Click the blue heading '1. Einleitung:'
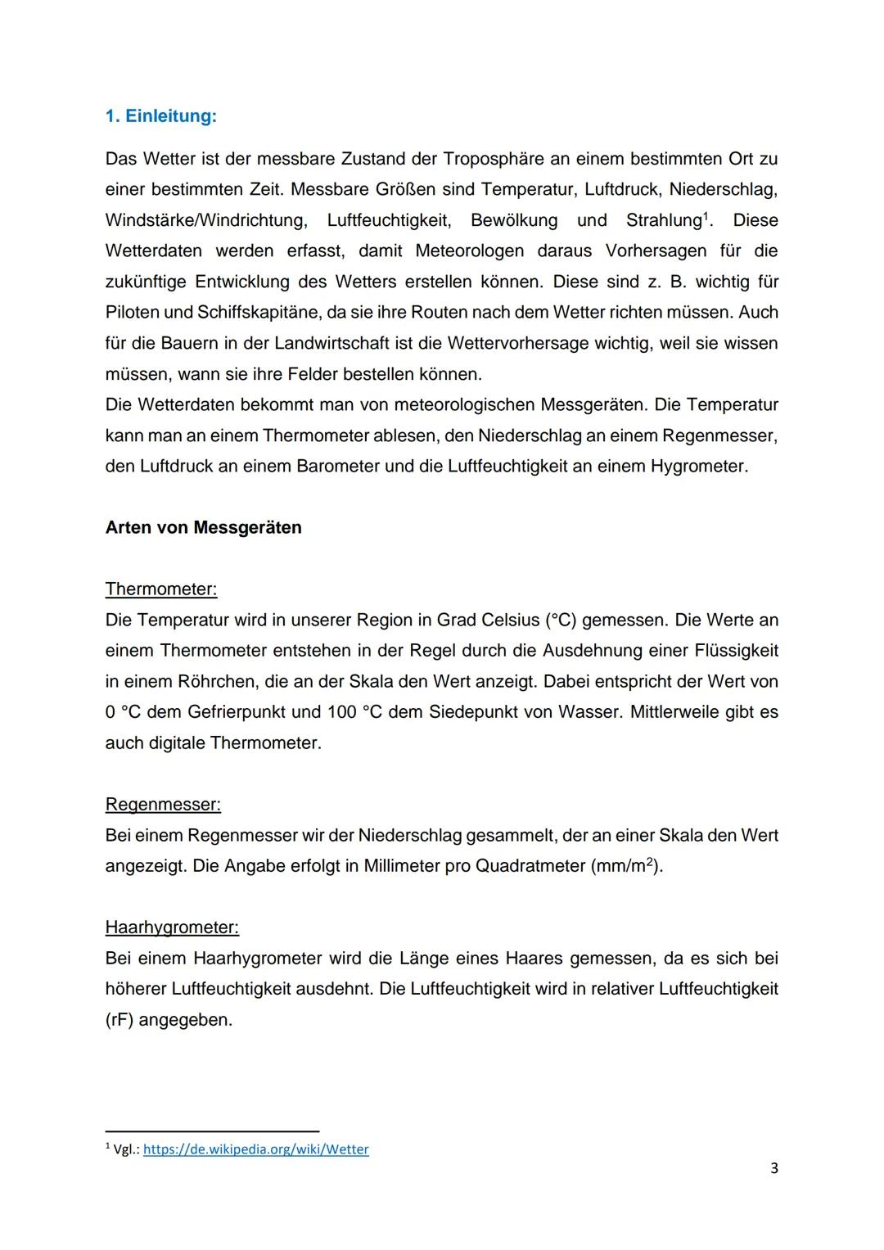pos(160,116)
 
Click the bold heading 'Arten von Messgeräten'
pos(203,527)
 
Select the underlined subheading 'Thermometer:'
pos(161,589)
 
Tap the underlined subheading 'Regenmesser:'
pos(163,805)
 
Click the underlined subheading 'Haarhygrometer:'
pos(172,927)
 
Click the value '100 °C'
pos(355,711)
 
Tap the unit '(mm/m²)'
pos(626,865)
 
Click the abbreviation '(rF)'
pos(120,1020)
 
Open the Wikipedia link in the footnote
pos(255,1149)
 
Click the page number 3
pos(773,1168)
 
